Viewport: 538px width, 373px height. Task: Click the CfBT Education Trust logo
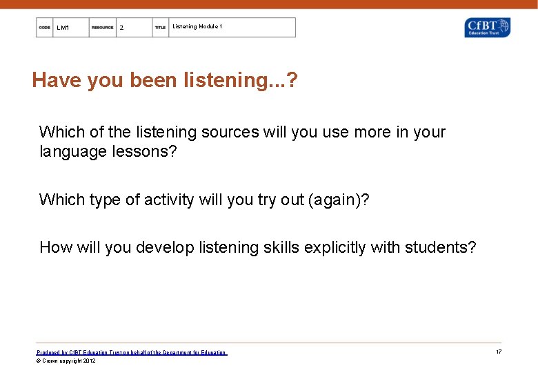488,28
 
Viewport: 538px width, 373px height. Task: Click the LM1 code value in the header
63,28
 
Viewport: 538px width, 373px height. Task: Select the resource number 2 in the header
121,28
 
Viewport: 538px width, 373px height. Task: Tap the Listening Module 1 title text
197,27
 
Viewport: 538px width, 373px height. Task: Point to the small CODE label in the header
45,28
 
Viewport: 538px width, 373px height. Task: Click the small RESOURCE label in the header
102,28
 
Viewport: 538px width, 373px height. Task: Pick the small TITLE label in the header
160,28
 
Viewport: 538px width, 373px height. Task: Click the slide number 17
498,352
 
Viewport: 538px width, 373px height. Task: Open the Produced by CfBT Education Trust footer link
131,352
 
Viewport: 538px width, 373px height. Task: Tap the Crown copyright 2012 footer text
66,361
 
